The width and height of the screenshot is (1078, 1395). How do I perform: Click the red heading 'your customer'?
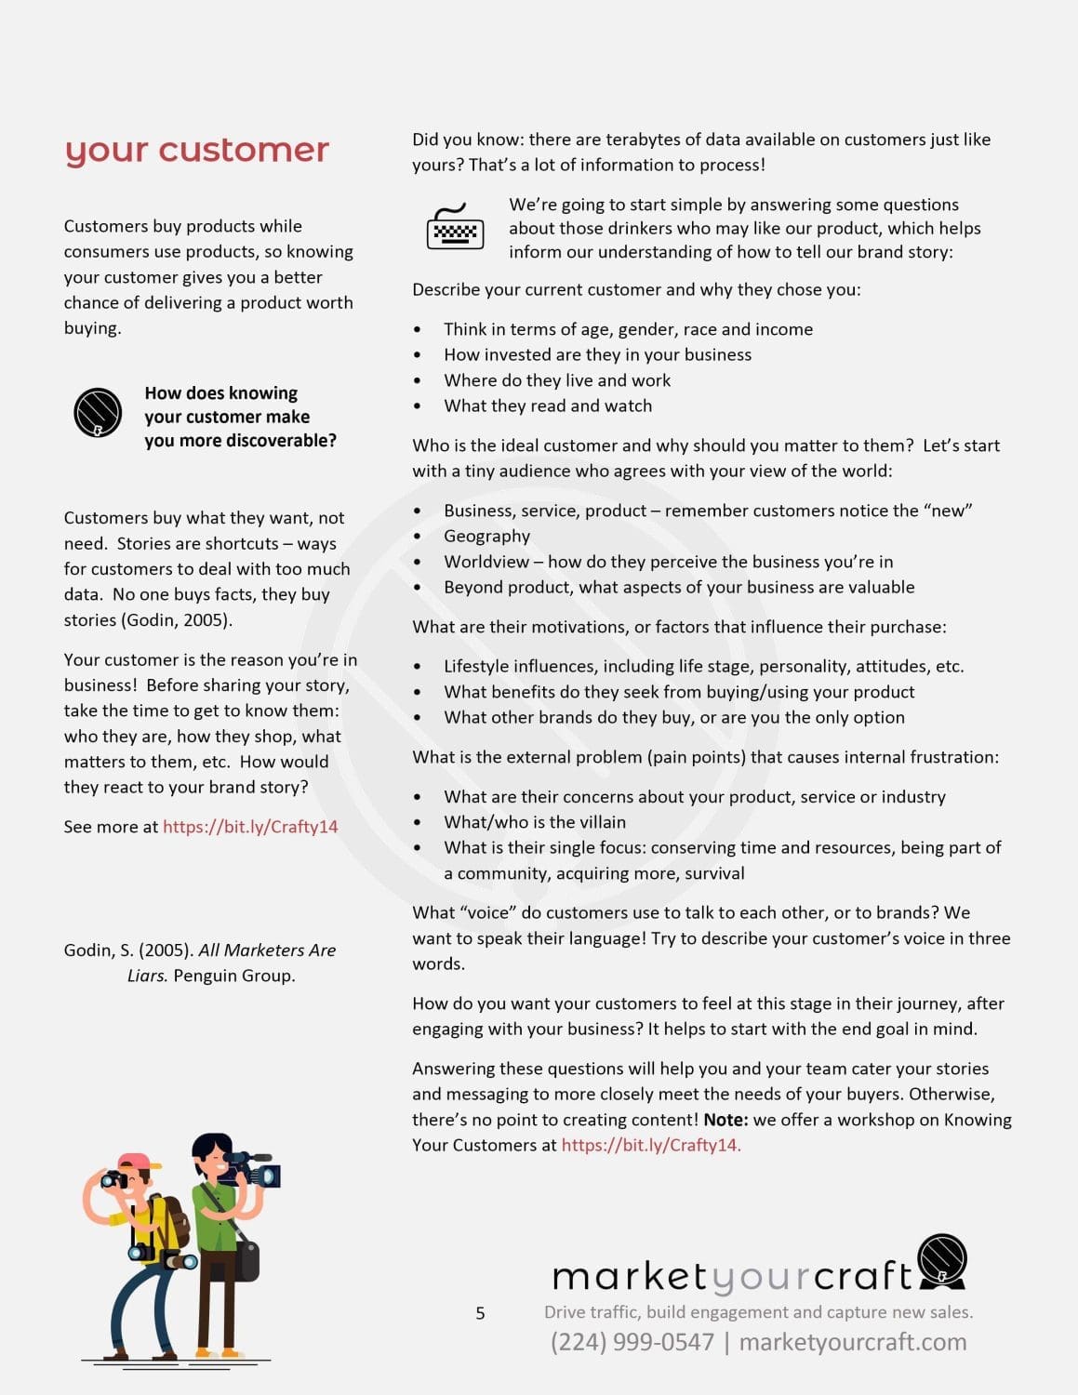pos(197,150)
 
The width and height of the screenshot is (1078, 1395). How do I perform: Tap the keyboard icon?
pos(455,228)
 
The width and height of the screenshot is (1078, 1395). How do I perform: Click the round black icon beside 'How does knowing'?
pos(98,412)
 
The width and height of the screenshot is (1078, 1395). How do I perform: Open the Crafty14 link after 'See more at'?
pos(250,827)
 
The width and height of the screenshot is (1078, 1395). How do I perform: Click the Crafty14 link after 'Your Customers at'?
pos(650,1145)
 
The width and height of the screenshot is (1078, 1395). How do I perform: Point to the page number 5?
pos(480,1313)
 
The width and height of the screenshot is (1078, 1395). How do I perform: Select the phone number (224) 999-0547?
pos(632,1342)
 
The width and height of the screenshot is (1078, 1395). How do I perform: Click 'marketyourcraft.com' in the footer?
pos(853,1342)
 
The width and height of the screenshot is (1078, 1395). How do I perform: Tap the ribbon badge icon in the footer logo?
pos(942,1261)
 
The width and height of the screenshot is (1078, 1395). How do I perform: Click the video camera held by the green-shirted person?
pos(252,1168)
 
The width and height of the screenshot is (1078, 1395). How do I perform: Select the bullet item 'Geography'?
pos(486,536)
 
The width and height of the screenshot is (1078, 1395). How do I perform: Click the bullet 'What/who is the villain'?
pos(535,822)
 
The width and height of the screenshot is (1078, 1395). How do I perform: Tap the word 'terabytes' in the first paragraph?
pos(645,139)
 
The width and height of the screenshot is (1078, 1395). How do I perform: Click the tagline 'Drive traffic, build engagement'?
pos(758,1312)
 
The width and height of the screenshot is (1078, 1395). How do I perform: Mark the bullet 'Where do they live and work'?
pos(557,380)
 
